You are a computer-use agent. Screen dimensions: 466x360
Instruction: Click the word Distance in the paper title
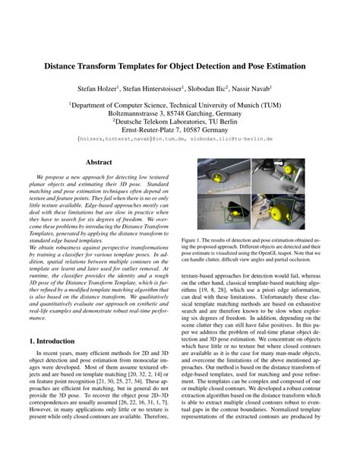(x=77, y=66)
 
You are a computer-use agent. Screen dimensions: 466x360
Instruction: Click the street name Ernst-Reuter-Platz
(x=159, y=130)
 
